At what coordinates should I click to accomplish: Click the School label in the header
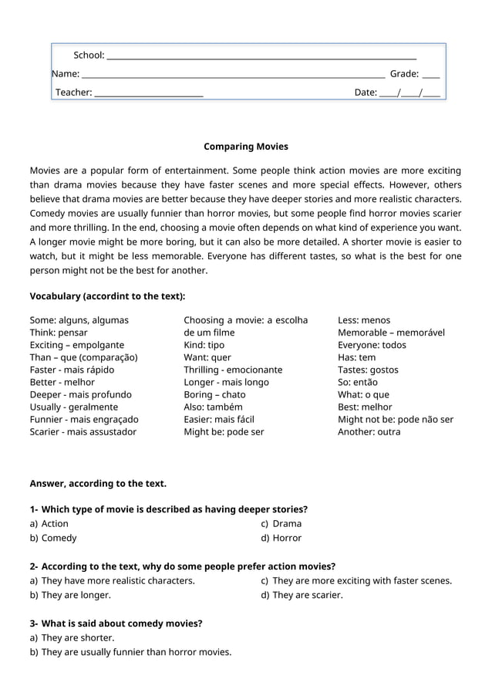coord(89,55)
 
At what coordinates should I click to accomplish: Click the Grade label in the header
coord(404,74)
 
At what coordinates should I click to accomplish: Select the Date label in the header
coord(366,93)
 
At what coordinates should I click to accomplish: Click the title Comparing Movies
coord(245,146)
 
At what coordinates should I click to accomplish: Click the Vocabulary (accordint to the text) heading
coord(107,296)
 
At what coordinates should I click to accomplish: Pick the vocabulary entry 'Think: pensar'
coord(59,333)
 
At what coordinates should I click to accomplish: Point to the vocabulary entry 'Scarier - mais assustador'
coord(83,431)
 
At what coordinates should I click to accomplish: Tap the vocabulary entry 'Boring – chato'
coord(214,394)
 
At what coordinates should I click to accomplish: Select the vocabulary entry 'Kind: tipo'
coord(204,345)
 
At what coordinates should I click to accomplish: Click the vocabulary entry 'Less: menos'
coord(364,320)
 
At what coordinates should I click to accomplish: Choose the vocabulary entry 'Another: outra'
coord(369,431)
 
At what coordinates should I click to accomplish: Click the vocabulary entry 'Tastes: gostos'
coord(368,370)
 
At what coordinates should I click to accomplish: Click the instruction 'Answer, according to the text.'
coord(98,484)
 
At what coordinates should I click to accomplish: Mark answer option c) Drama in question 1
coord(281,523)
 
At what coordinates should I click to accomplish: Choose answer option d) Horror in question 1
coord(281,538)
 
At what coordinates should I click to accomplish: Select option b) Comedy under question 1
coord(53,538)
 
